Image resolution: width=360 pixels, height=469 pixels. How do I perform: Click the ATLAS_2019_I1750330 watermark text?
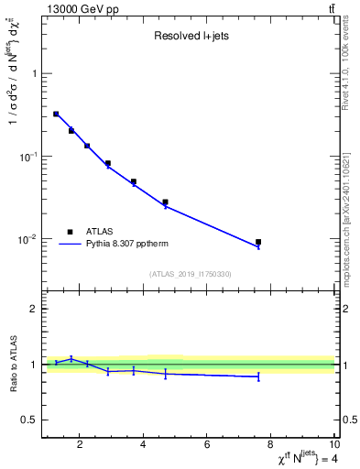pyautogui.click(x=189, y=274)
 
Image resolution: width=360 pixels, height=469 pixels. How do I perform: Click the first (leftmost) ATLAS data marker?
pyautogui.click(x=56, y=114)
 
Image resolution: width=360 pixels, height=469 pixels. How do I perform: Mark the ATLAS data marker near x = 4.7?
pyautogui.click(x=165, y=202)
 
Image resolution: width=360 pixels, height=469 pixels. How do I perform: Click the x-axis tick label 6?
pyautogui.click(x=207, y=446)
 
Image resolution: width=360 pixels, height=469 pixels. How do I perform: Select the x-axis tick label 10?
pyautogui.click(x=333, y=446)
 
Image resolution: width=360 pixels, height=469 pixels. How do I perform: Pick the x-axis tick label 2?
pyautogui.click(x=81, y=446)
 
